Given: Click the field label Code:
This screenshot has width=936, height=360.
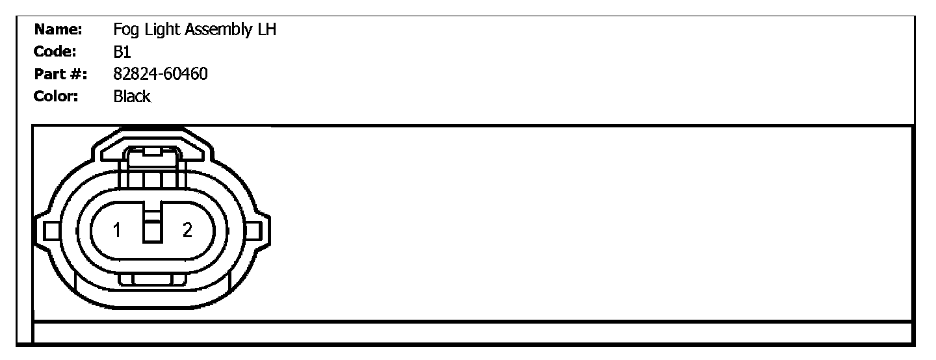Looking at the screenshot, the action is point(56,52).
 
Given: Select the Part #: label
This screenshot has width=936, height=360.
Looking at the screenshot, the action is point(60,74).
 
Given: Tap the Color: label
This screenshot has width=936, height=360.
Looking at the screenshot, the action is point(56,96).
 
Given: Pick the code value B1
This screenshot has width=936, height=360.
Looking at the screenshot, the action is point(122,52).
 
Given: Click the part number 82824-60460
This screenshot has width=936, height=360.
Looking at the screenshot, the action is point(161,74).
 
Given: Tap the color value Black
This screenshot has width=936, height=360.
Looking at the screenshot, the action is point(132,96).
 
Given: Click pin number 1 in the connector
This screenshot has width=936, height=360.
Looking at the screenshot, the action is point(117,230).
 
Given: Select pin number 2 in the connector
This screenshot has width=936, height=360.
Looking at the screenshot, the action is point(187,230).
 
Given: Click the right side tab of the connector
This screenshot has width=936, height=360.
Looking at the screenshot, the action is point(255,231).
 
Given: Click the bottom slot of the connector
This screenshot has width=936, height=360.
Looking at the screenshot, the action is point(152,279).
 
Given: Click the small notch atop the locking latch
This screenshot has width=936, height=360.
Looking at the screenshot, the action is point(152,152).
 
